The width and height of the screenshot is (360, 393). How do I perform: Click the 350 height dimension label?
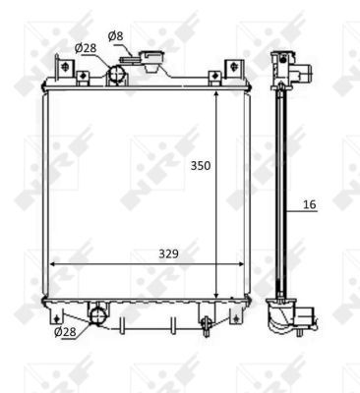coord(202,166)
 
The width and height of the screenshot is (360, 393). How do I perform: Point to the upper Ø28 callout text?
coord(86,48)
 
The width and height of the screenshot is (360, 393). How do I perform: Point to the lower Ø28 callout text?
coord(64,332)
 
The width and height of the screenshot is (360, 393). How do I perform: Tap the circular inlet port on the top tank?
coord(117,75)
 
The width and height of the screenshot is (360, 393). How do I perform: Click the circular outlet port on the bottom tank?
coord(97,314)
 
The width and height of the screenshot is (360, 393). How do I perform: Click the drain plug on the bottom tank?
coord(205,322)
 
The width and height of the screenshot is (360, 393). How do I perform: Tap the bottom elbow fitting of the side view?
coord(291,317)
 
